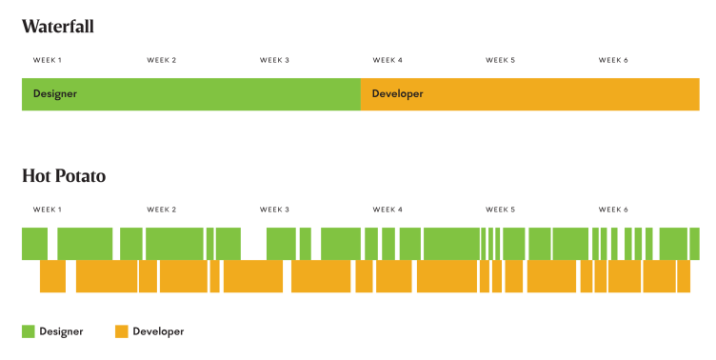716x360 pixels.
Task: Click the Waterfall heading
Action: coord(58,26)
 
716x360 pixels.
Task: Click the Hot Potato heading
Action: coord(64,176)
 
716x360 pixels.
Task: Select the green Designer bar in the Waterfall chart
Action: coord(190,94)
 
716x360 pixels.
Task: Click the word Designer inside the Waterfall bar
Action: coord(54,94)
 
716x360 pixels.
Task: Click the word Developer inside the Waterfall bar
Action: coord(397,94)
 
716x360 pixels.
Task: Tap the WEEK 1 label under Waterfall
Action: coord(48,60)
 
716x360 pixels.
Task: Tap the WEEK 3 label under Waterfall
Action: coord(274,60)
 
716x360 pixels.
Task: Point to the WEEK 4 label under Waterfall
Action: coord(388,60)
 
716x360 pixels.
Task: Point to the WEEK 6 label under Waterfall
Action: coord(613,60)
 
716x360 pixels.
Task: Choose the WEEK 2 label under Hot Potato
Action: coord(161,210)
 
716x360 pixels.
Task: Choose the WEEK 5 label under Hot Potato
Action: coord(500,210)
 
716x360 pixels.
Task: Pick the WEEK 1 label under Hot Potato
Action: coord(48,210)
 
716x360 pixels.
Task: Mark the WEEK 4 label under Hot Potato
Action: coord(388,210)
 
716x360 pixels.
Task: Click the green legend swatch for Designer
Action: coord(29,331)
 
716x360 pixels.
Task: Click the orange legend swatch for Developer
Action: coord(121,331)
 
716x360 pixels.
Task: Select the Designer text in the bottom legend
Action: coord(61,331)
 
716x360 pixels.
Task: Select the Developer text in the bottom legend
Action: coord(158,331)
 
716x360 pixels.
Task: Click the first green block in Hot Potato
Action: coord(34,244)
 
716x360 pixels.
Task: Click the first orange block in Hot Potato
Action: coord(52,276)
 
